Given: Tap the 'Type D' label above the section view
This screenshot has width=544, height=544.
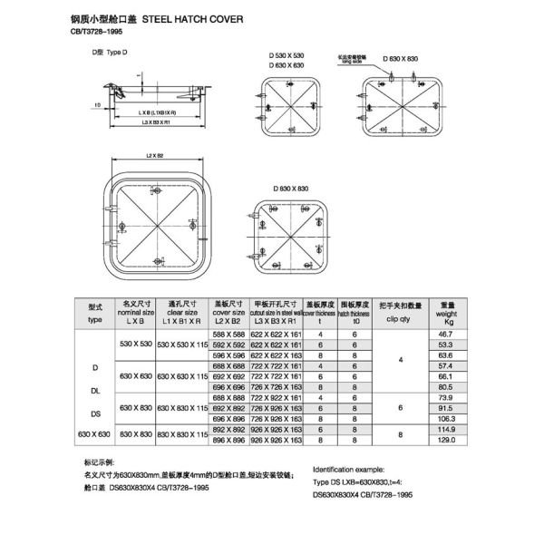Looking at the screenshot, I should (106, 53).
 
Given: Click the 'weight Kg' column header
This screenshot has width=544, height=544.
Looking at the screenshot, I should (446, 314).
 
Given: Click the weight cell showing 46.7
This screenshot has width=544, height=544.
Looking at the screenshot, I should (445, 335).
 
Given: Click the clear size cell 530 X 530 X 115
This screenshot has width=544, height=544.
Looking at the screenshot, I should (182, 345).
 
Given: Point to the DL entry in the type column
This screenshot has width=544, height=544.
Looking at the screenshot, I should (95, 392).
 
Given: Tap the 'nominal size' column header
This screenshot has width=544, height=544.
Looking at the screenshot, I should (137, 314).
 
